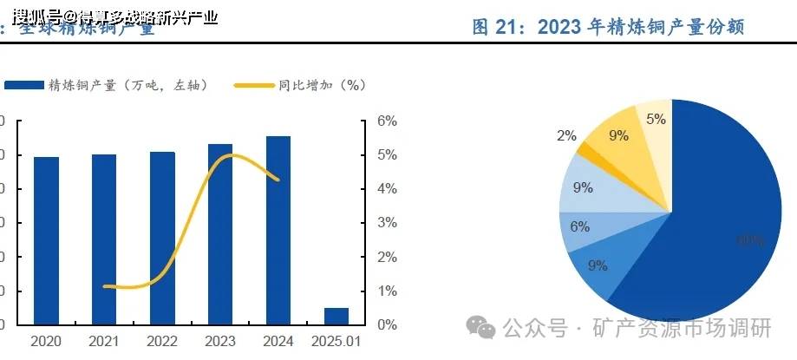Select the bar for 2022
pos(162,238)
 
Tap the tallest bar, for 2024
pos(278,230)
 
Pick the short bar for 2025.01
pos(336,316)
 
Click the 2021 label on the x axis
pos(104,342)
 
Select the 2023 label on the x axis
pos(220,342)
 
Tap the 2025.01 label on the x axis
pos(336,342)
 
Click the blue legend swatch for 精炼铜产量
pos(23,85)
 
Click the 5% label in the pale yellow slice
pos(656,120)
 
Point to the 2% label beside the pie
pos(566,135)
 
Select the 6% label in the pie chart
pos(579,226)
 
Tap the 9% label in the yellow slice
pos(618,135)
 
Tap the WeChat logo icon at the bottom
pos(481,326)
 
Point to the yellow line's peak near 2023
pos(229,155)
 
